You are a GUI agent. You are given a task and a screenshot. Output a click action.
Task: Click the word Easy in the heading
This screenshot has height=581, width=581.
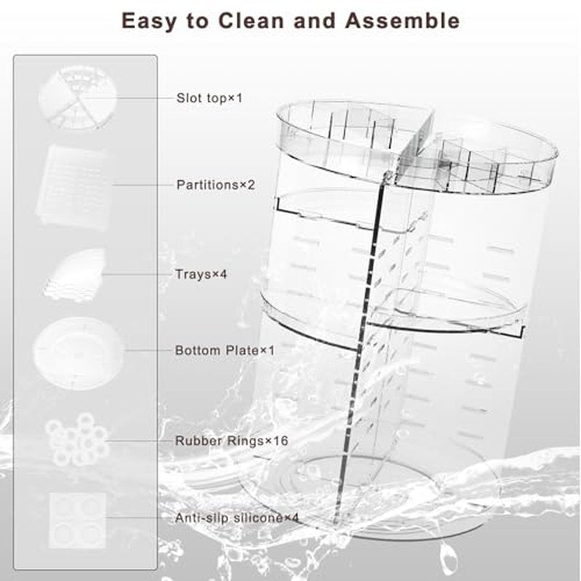point(149,21)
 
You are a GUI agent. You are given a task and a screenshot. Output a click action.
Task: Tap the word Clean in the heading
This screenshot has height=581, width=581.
point(251,20)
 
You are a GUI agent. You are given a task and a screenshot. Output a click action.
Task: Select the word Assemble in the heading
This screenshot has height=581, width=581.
point(402,20)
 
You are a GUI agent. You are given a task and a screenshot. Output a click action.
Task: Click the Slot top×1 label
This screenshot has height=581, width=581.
point(209,98)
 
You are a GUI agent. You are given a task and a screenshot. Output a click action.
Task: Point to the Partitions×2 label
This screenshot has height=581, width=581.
point(216,184)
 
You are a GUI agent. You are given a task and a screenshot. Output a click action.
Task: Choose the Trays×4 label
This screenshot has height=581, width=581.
point(201,275)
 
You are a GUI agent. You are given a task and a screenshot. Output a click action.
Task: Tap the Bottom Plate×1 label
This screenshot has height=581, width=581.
point(224,350)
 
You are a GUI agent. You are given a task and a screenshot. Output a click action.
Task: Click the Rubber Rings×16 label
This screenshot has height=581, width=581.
point(232,441)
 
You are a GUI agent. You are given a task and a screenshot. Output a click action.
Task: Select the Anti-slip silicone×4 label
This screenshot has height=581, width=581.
point(237,518)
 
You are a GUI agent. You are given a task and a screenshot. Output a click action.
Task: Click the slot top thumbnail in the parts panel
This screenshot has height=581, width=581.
point(78,98)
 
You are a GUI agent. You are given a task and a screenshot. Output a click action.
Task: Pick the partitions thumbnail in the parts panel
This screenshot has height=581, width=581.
point(74,187)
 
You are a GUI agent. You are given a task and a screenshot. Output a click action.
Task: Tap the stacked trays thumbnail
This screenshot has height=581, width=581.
point(74,275)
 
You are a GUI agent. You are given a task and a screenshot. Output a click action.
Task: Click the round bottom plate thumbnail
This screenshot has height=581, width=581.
point(78,352)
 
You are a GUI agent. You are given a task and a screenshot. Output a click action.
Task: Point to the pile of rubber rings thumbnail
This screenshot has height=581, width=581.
point(77,440)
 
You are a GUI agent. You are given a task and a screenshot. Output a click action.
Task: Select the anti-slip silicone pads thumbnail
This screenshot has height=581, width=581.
point(77,520)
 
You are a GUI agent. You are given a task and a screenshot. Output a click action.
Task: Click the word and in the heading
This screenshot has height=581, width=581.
point(315,20)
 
